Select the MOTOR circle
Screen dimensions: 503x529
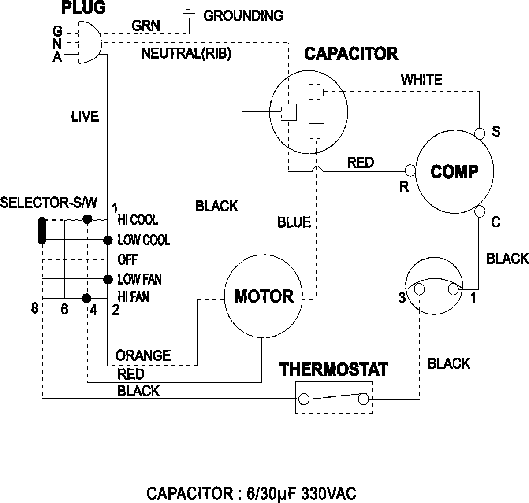[264, 296]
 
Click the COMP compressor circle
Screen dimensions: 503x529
[454, 171]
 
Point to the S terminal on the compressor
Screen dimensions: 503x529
[480, 132]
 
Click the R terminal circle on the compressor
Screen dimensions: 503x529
[410, 170]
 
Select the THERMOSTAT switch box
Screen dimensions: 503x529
[333, 398]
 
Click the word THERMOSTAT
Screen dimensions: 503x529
[334, 370]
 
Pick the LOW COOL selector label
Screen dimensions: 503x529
[144, 240]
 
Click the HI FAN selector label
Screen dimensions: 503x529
[133, 297]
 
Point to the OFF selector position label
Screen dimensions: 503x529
[128, 260]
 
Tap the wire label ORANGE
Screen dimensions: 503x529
[143, 355]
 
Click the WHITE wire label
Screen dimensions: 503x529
[421, 80]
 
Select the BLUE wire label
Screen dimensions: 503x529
[294, 222]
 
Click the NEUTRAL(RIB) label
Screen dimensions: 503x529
[186, 54]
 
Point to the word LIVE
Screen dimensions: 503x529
[85, 116]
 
